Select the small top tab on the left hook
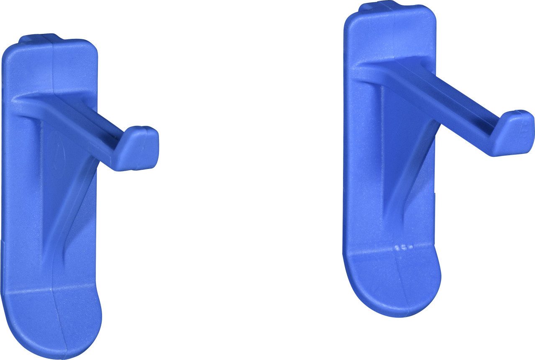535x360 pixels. point(40,38)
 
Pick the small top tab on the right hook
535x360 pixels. point(379,6)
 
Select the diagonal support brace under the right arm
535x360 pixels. point(412,167)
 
